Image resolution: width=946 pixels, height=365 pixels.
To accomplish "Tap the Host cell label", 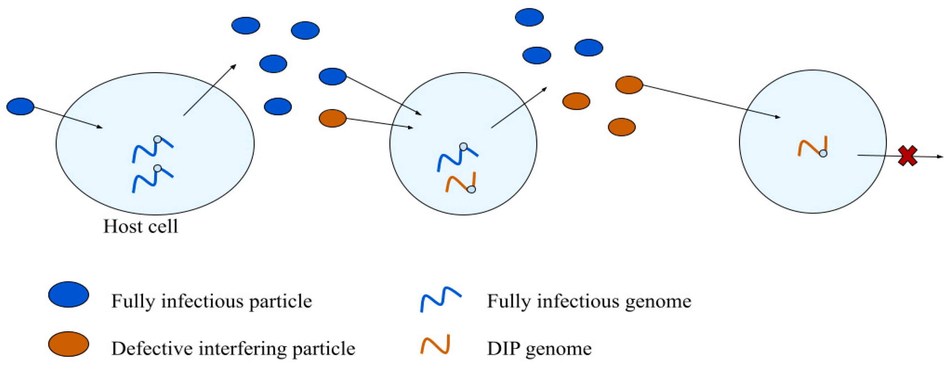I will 141,226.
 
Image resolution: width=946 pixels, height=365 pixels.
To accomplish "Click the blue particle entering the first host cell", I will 21,107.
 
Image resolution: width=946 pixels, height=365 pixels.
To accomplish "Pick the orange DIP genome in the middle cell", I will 461,182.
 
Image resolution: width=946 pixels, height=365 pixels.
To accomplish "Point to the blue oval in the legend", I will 69,294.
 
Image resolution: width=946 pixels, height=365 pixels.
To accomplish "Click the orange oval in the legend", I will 69,344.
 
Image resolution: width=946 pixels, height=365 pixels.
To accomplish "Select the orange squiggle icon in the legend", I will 436,345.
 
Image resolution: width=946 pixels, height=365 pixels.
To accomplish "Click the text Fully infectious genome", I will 589,301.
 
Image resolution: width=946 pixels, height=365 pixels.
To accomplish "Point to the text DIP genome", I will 539,349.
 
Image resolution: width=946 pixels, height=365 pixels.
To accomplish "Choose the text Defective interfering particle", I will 233,349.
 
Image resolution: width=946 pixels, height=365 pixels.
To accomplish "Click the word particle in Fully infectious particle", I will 280,301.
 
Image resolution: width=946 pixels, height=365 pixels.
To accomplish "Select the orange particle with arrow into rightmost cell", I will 629,85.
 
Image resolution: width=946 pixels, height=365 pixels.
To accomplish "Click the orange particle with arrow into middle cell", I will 333,118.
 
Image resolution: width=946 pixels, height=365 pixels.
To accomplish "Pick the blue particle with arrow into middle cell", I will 333,77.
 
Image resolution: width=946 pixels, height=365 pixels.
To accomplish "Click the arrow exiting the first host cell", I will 209,91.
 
